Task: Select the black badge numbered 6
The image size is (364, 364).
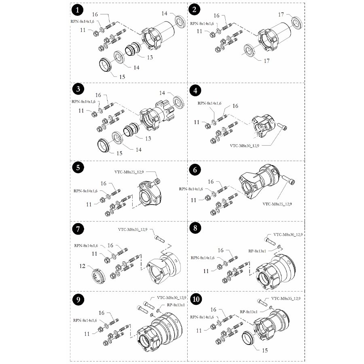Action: pos(196,169)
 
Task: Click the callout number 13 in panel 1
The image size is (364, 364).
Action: pos(150,57)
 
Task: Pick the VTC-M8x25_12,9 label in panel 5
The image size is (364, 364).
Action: pos(128,172)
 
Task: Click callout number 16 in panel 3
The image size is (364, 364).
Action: pos(98,95)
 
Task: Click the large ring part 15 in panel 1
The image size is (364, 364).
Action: pos(108,65)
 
